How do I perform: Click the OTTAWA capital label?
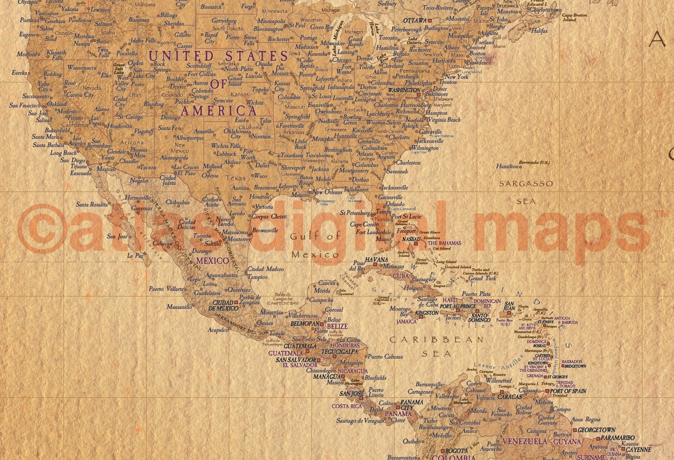coord(415,21)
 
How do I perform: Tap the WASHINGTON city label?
coord(404,90)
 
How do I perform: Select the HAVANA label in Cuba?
coord(376,260)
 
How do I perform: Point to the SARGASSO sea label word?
coord(526,183)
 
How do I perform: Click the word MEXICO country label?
coord(213,261)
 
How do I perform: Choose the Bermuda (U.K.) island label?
coord(534,163)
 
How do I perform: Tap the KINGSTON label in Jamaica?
coord(427,313)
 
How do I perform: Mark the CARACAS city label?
coord(509,396)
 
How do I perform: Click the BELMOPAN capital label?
coord(305,324)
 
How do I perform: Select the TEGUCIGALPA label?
coord(340,351)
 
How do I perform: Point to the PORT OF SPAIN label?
coord(568,391)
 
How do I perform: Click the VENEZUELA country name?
coord(525,442)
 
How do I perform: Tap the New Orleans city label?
coord(327,192)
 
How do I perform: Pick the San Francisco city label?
coord(25,105)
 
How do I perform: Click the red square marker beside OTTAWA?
coord(430,21)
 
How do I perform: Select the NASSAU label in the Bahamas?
coord(411,240)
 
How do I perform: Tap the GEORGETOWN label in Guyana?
coord(597,430)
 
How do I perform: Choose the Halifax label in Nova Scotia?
coord(539,31)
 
